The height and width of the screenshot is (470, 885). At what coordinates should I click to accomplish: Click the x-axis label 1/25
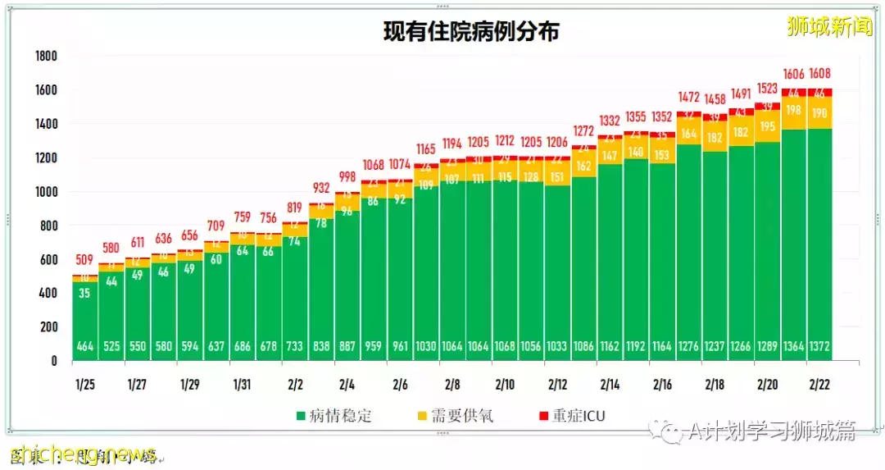84,384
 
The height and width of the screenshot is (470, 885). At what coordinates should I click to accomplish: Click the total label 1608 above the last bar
819,74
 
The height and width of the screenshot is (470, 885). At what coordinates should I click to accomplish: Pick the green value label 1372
819,347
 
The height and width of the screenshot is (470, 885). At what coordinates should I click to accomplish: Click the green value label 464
84,347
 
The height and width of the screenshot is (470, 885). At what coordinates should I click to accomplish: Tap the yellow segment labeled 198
793,111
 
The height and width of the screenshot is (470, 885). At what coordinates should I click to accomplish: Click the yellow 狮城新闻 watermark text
829,25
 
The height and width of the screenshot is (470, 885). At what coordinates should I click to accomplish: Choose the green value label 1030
426,347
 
